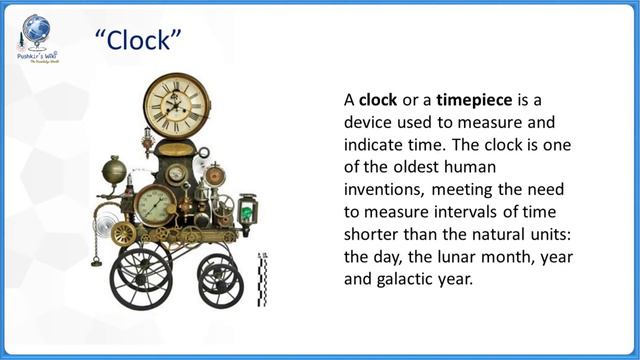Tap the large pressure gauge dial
coord(155,205)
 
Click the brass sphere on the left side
coord(113,167)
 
